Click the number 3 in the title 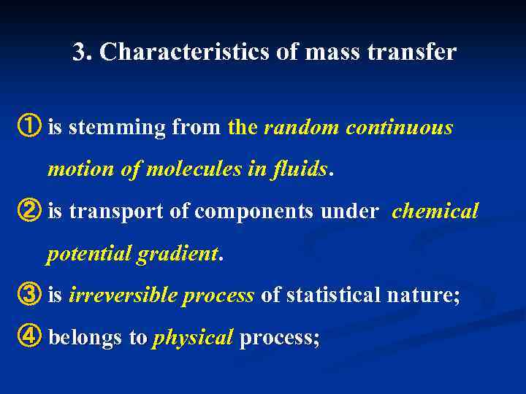79,53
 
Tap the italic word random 301,128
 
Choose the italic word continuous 400,128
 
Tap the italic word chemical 435,212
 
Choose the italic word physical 192,339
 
